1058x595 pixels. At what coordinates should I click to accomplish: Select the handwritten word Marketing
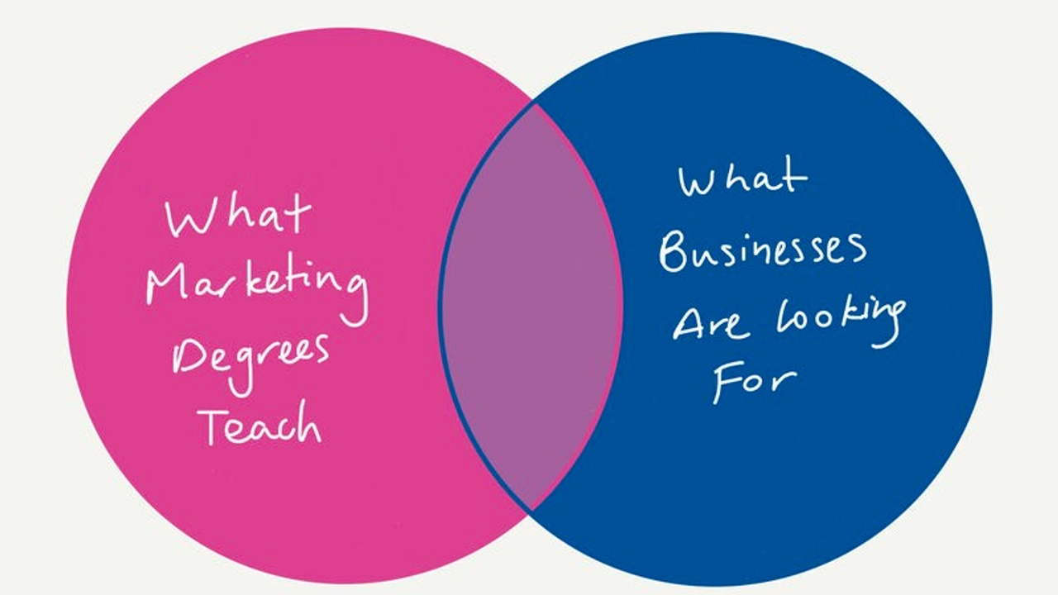pyautogui.click(x=257, y=285)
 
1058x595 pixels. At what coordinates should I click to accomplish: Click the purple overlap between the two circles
pyautogui.click(x=530, y=306)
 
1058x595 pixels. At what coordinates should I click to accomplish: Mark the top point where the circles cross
pyautogui.click(x=535, y=104)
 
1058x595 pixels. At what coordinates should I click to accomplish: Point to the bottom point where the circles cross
pyautogui.click(x=531, y=508)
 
